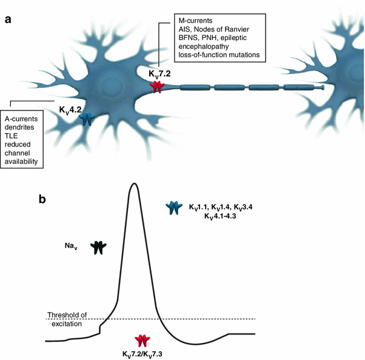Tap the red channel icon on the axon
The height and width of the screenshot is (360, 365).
pyautogui.click(x=157, y=87)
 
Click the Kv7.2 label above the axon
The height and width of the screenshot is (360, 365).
pyautogui.click(x=160, y=73)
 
